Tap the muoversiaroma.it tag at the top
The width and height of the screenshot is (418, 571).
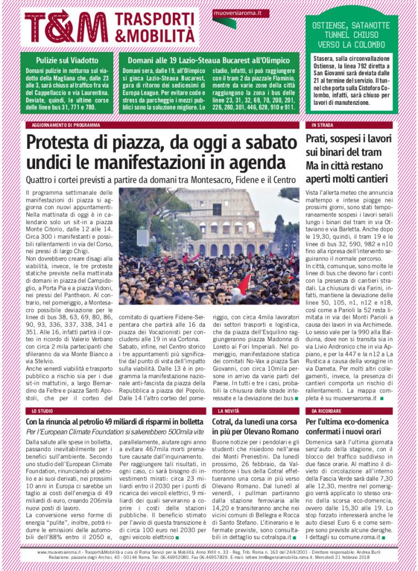point(240,13)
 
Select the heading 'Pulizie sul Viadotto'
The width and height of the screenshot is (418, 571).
point(67,60)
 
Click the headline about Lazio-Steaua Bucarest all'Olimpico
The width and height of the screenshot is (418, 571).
point(208,60)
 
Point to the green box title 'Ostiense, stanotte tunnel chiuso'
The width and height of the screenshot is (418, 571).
point(351,35)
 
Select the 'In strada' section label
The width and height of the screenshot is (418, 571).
point(322,125)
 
